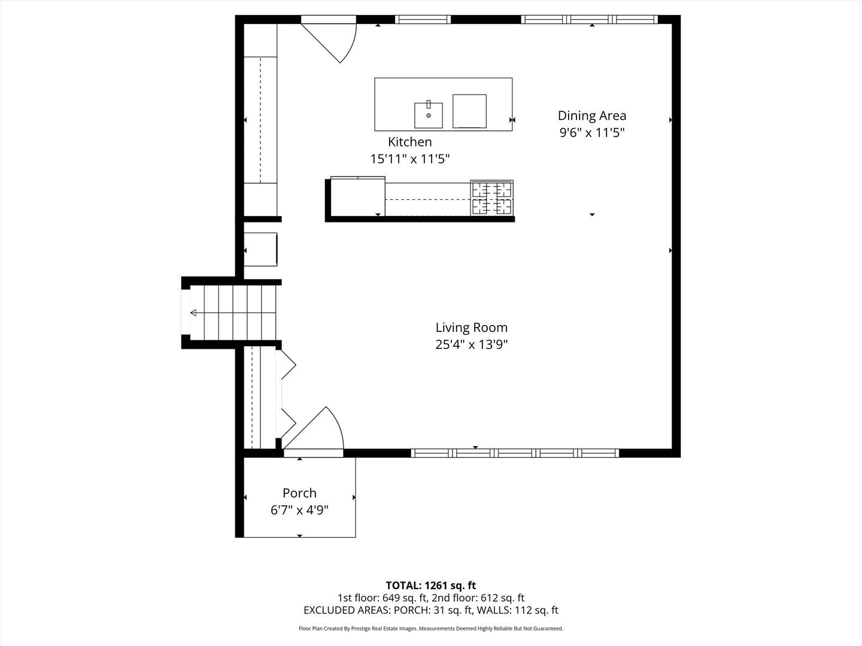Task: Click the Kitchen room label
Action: [409, 142]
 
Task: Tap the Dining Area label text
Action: [591, 115]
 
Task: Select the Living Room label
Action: [471, 327]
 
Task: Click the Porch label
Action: [299, 493]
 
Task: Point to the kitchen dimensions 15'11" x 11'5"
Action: [409, 159]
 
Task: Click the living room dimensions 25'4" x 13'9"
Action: [471, 345]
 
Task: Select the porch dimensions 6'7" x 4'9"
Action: [299, 510]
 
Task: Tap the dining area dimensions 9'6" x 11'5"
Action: [591, 133]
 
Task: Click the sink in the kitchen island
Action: [429, 115]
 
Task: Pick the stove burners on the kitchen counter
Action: [491, 197]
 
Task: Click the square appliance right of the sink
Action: [469, 111]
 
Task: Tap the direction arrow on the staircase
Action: [195, 313]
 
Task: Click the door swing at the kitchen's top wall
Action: [335, 39]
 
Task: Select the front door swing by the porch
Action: [317, 429]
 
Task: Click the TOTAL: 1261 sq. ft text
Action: [430, 585]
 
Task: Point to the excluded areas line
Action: [430, 610]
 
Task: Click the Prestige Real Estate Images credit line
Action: [430, 629]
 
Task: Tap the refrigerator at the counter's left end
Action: [357, 197]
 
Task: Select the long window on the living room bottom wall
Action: [515, 453]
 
